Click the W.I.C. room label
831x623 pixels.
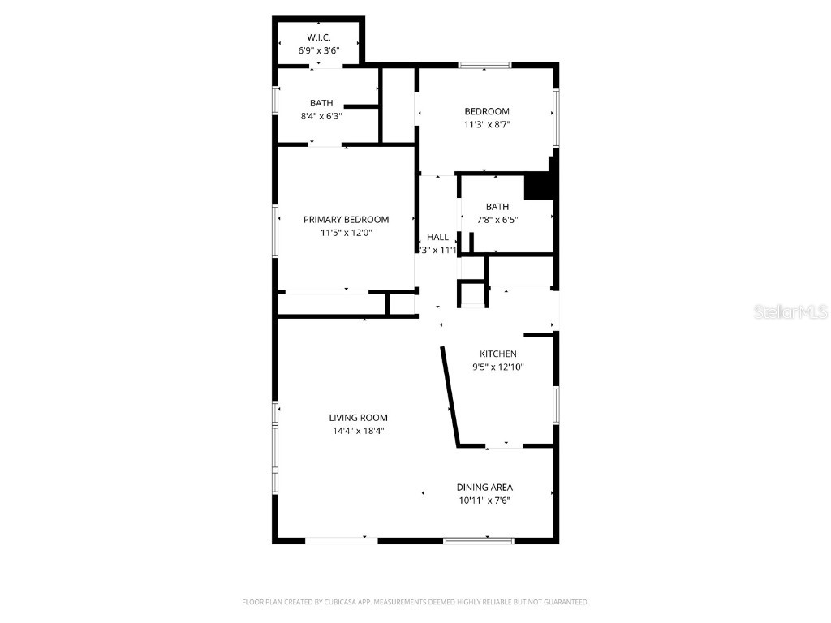(318, 38)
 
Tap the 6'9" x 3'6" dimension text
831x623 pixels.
(318, 50)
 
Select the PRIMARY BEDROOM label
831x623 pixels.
(346, 220)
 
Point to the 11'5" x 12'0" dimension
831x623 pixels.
(346, 233)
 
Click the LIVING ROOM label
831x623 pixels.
(358, 418)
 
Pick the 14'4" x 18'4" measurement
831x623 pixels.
(358, 431)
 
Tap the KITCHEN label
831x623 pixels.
(497, 354)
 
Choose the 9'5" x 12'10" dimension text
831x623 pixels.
(497, 367)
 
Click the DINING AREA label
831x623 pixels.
(484, 488)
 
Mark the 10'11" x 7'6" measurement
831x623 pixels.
(484, 501)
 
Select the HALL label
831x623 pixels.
(437, 237)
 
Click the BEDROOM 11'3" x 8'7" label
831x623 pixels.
(486, 111)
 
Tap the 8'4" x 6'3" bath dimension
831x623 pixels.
(321, 116)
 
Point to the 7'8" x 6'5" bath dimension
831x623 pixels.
(497, 220)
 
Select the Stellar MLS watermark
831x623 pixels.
(790, 312)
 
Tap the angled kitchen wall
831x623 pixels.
(450, 397)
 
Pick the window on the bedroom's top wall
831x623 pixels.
(484, 65)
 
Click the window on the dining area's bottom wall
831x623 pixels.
(478, 539)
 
